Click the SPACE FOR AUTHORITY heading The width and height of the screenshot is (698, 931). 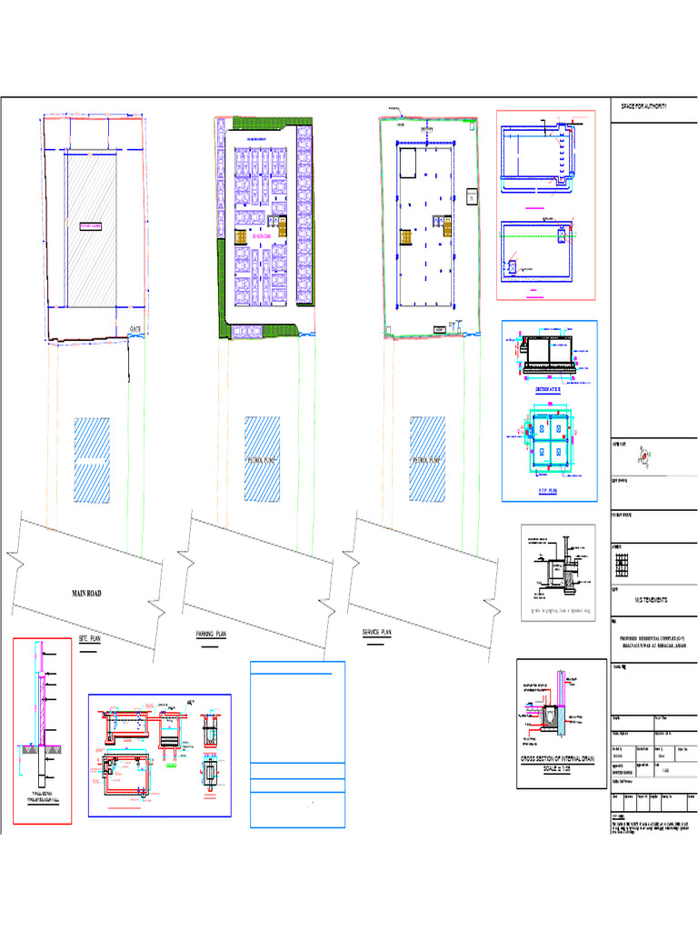tap(643, 107)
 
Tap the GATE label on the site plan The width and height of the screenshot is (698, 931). tap(136, 328)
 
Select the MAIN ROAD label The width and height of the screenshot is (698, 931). tap(87, 594)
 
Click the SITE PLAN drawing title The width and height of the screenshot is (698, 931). tap(90, 639)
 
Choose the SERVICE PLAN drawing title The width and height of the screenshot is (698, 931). tap(376, 631)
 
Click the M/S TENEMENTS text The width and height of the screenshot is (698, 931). tap(651, 600)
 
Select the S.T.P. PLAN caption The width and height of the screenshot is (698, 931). tap(548, 489)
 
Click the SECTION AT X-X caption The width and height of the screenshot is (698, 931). tap(548, 387)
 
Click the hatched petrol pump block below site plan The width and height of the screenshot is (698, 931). tap(92, 460)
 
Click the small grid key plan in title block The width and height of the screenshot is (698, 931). tap(622, 567)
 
